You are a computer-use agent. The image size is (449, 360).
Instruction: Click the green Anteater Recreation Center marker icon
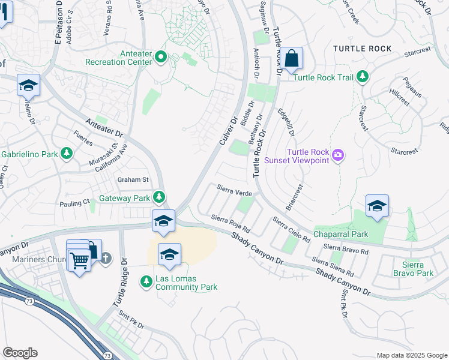(x=161, y=58)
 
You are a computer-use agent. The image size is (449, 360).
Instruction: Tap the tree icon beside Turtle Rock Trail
(x=362, y=76)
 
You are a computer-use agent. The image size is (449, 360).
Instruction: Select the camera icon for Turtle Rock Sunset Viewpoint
(x=338, y=156)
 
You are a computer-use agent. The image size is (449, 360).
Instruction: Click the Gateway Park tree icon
(x=158, y=197)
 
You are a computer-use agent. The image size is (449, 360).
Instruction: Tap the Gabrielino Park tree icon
(x=67, y=154)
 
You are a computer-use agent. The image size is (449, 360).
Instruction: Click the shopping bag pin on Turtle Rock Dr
(x=292, y=59)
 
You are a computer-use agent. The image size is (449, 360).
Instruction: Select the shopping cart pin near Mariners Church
(x=79, y=260)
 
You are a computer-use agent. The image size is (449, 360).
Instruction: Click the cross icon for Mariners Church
(x=106, y=258)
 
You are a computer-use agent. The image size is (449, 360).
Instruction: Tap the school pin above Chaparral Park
(x=377, y=206)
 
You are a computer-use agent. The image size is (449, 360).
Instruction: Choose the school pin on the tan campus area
(x=169, y=254)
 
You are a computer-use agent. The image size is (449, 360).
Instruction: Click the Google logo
(x=20, y=353)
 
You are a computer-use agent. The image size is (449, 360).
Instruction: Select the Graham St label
(x=133, y=179)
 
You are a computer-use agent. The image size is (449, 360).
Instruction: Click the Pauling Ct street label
(x=74, y=203)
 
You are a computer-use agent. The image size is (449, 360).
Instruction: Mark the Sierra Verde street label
(x=234, y=193)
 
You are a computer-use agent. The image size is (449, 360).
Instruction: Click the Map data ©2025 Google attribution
(x=411, y=355)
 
